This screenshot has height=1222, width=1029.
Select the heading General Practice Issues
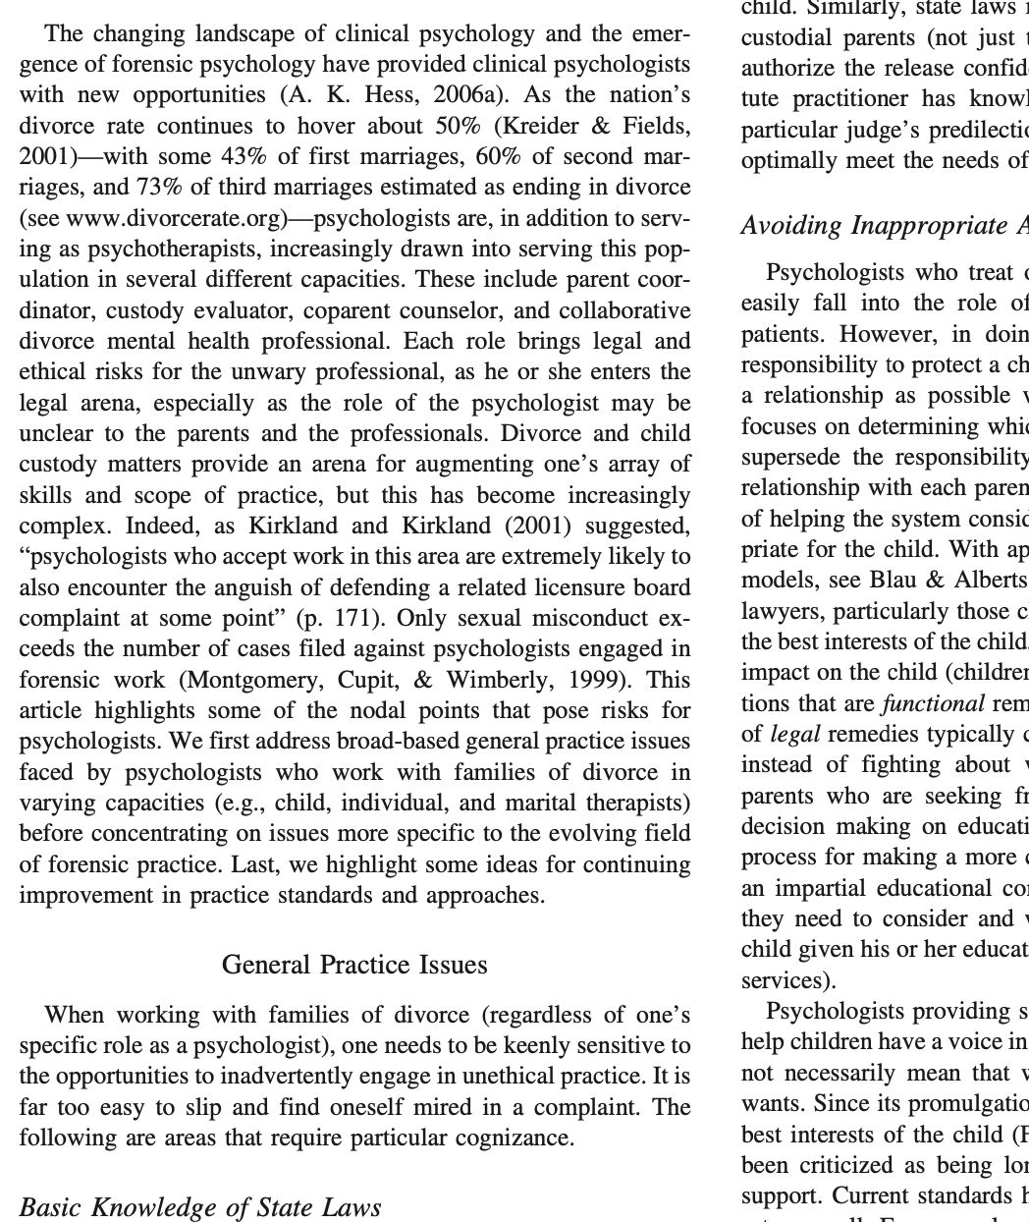pyautogui.click(x=354, y=965)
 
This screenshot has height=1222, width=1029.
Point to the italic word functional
pyautogui.click(x=934, y=703)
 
